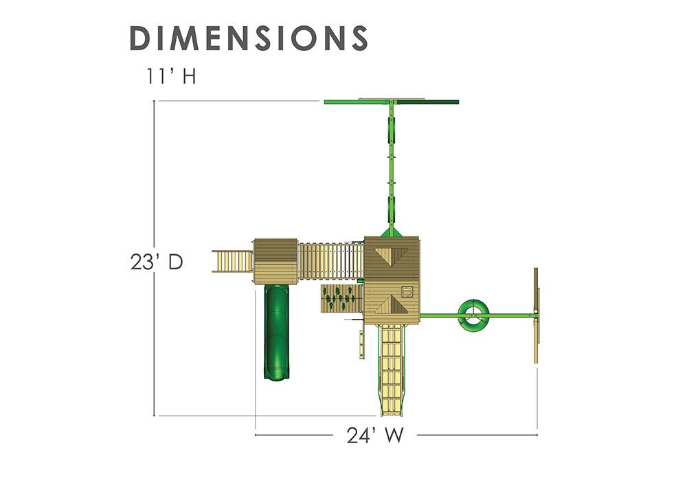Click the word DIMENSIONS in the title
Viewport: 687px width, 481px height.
(x=249, y=38)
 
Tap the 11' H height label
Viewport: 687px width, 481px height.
(x=171, y=76)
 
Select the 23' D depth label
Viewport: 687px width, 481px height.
(x=157, y=262)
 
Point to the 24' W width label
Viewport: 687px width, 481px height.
(x=375, y=436)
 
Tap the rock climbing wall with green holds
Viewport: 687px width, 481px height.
(x=341, y=299)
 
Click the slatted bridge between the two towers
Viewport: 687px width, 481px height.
(x=331, y=261)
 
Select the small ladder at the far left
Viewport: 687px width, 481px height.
(x=232, y=261)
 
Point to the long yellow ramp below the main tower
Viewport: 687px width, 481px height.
(x=392, y=370)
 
